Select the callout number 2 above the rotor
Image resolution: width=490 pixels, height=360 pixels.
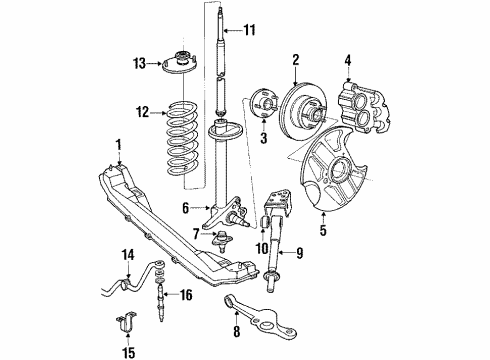click(296, 60)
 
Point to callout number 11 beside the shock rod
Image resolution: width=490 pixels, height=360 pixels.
click(251, 30)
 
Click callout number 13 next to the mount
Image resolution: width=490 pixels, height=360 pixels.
click(139, 63)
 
